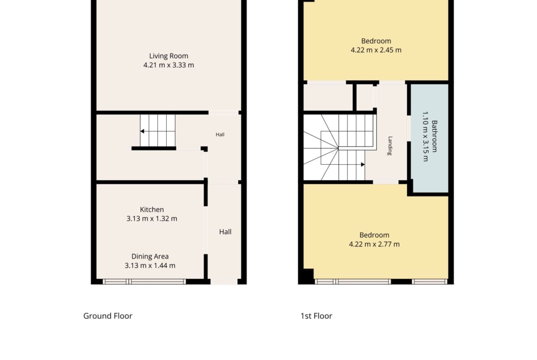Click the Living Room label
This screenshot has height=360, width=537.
(x=168, y=56)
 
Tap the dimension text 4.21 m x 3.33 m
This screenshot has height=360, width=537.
(x=168, y=65)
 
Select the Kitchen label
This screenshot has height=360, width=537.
(x=152, y=210)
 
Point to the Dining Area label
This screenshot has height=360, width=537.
(x=150, y=256)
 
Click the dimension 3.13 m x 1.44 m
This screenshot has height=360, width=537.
(x=150, y=266)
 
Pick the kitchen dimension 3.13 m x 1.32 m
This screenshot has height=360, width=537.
(x=152, y=219)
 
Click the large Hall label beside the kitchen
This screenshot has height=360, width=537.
(x=225, y=232)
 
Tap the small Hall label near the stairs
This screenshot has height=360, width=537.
(x=220, y=135)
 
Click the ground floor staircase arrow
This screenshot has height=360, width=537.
(x=157, y=132)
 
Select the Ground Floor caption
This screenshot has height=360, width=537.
(x=108, y=316)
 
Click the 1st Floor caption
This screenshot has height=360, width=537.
(x=316, y=316)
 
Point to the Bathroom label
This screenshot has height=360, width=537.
(x=434, y=136)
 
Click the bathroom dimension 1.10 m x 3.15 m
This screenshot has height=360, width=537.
(x=425, y=136)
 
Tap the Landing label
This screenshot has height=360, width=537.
(x=390, y=146)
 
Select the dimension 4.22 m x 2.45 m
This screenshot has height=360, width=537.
(x=376, y=50)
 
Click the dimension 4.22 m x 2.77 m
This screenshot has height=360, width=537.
(x=375, y=244)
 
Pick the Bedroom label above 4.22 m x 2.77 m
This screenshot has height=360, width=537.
(x=375, y=235)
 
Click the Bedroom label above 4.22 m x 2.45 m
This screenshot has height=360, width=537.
(x=376, y=41)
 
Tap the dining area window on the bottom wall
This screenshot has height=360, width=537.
(x=144, y=282)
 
